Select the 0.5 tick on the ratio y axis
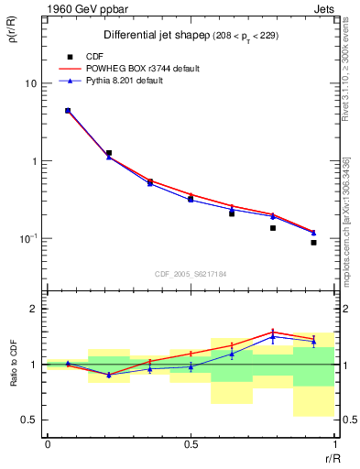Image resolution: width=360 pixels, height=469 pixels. tap(29, 420)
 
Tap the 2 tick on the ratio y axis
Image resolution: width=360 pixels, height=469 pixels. tap(34, 309)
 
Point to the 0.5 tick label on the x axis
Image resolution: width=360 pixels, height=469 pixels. tap(191, 445)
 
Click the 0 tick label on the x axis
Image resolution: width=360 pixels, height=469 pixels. tap(47, 445)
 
